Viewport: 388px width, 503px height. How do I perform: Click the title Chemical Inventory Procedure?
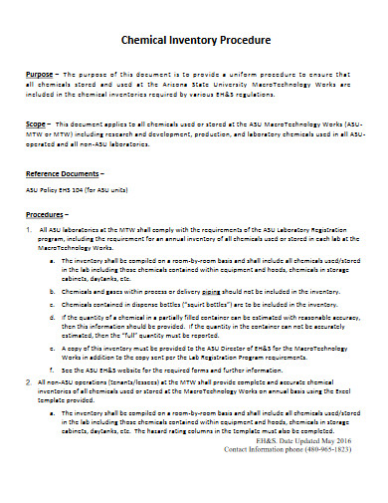(194, 41)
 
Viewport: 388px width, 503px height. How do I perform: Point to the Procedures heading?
(47, 214)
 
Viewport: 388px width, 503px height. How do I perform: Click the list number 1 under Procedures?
(29, 228)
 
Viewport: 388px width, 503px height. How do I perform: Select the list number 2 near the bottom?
(29, 382)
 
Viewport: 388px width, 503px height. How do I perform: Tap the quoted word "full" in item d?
(129, 333)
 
